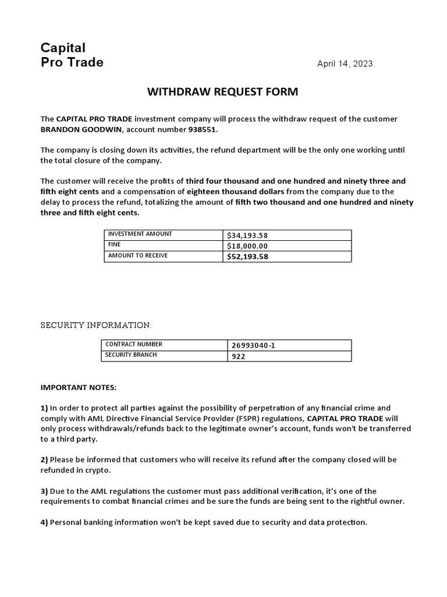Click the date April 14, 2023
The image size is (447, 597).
[345, 64]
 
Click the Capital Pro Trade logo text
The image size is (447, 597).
[72, 55]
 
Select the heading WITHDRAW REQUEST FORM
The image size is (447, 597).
[223, 92]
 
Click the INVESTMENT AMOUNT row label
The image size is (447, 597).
[140, 234]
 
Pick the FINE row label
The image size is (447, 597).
[115, 245]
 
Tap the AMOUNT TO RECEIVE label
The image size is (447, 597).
[138, 256]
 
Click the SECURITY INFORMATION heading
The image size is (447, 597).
[95, 325]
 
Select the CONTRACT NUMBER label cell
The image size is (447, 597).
[134, 345]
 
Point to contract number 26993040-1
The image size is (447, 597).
[253, 345]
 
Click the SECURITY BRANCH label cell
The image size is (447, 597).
[131, 355]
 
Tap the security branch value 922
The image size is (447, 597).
[239, 356]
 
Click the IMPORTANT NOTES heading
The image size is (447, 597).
[78, 387]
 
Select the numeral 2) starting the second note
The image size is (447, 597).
[44, 459]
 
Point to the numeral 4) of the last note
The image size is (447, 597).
[44, 522]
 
